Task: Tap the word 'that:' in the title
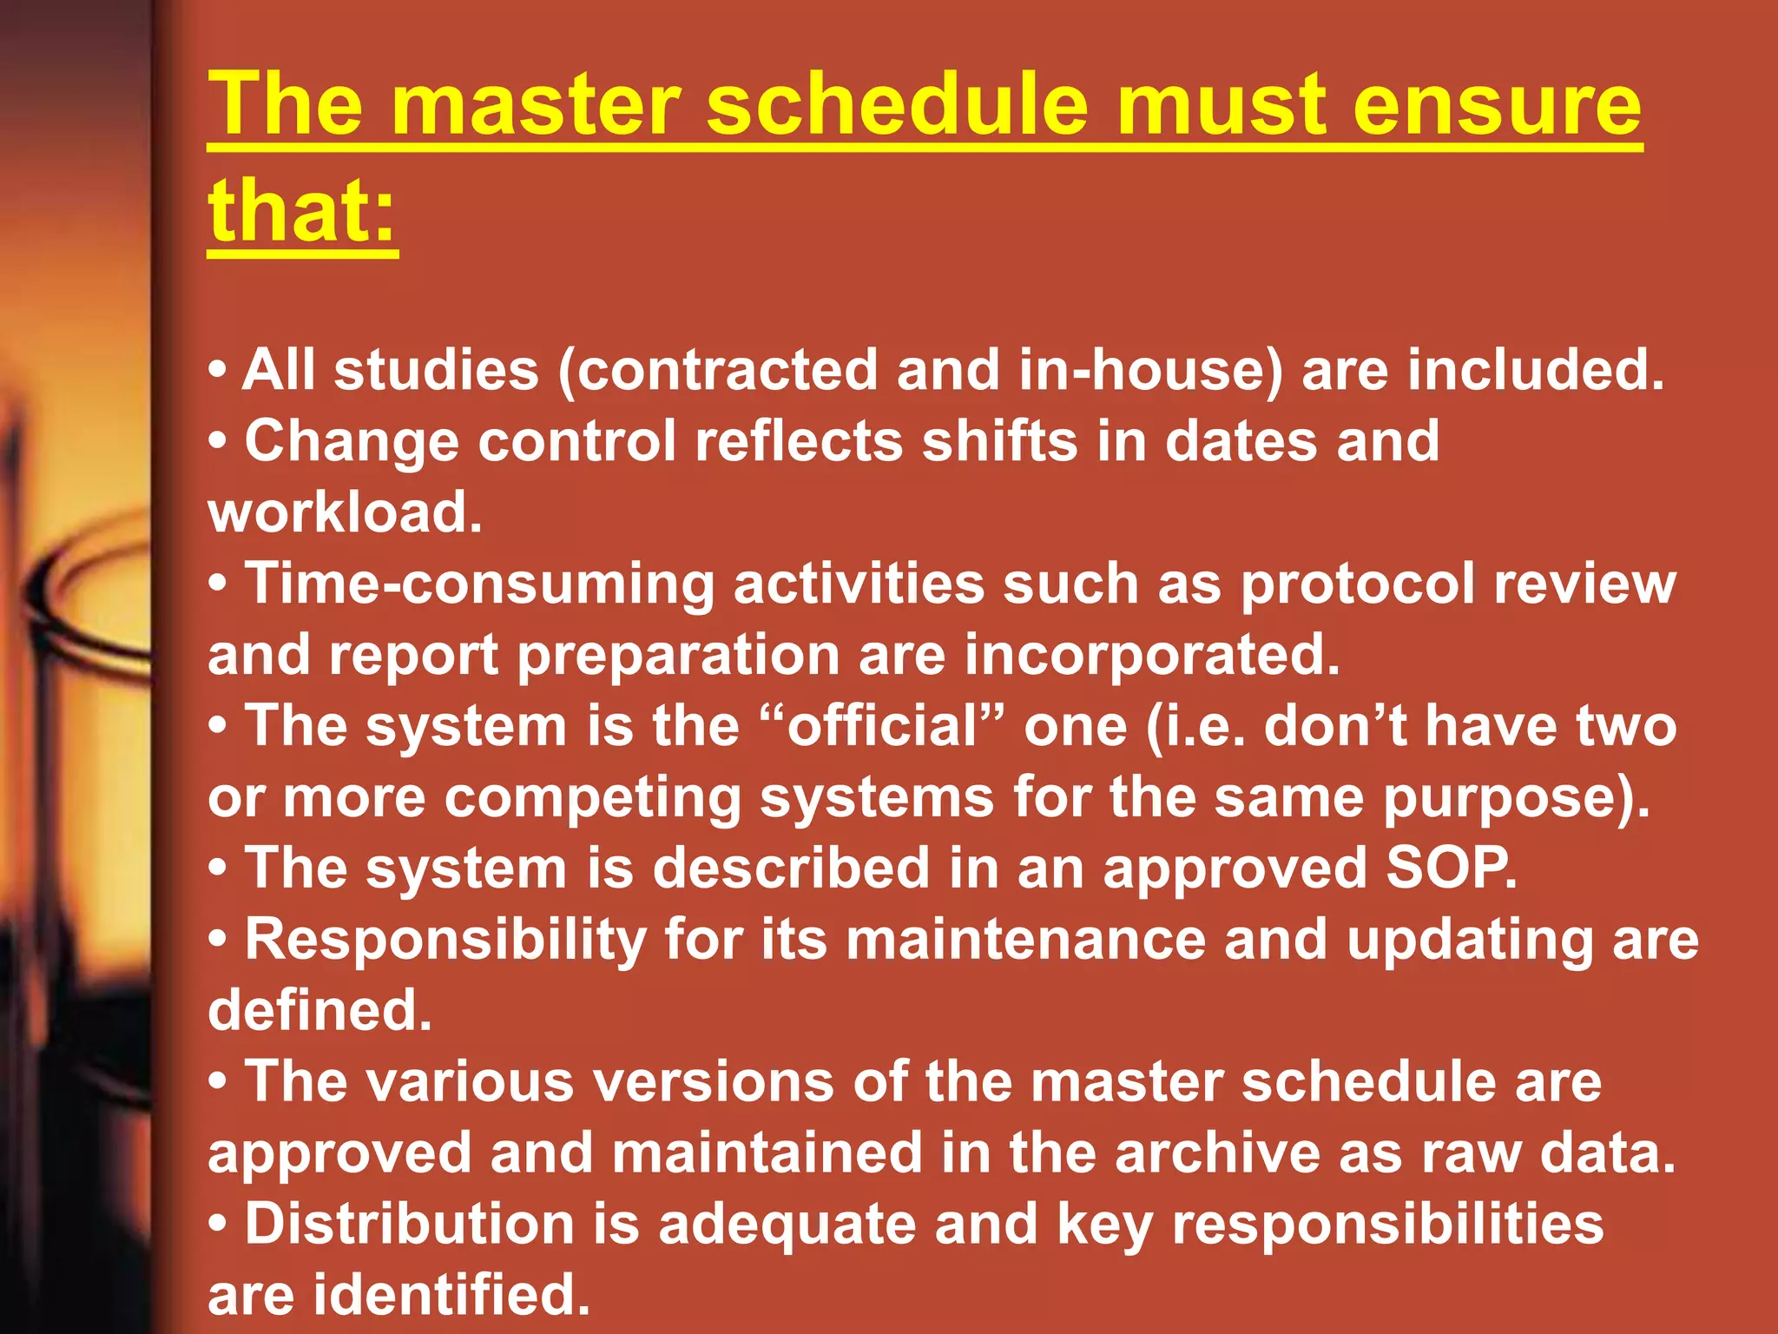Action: tap(302, 211)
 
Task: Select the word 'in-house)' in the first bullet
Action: tap(1150, 370)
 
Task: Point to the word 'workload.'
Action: tap(345, 512)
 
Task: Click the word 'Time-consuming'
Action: tap(479, 584)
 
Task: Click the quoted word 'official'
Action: tap(882, 726)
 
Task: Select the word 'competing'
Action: tap(592, 797)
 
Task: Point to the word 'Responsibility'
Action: tap(445, 940)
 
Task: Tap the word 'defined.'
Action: tap(319, 1011)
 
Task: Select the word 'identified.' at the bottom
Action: tap(451, 1295)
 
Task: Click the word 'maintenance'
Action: tap(1025, 940)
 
